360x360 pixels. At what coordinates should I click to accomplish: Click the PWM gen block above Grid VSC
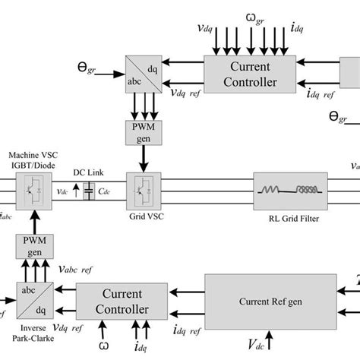pyautogui.click(x=141, y=134)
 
